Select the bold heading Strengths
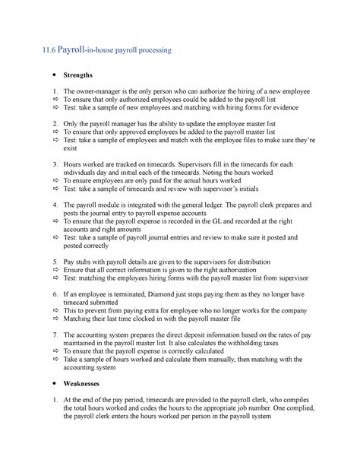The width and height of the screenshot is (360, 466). [78, 75]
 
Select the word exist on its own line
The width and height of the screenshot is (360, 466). [70, 149]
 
